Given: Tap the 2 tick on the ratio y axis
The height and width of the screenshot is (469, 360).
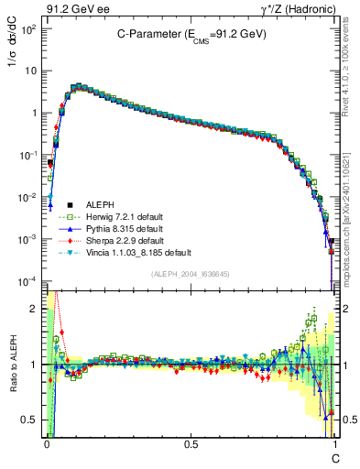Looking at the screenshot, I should (34, 308).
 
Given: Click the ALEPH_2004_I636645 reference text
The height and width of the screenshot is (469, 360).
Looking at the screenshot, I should (191, 274).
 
